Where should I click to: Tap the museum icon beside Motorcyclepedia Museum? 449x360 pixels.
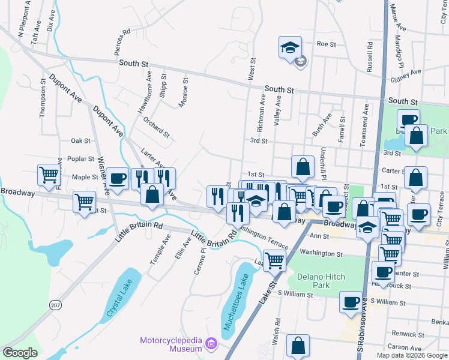[211, 344]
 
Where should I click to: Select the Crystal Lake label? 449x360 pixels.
[119, 301]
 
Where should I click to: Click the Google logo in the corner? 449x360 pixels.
[20, 353]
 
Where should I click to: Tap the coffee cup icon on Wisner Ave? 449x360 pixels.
[119, 178]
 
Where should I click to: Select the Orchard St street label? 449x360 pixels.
[157, 126]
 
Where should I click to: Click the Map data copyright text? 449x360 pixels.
[411, 355]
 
